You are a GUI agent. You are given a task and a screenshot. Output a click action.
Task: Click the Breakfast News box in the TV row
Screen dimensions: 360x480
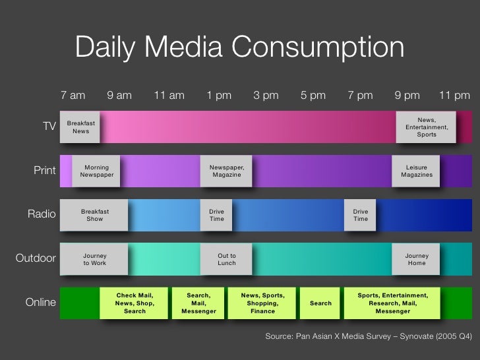click(80, 127)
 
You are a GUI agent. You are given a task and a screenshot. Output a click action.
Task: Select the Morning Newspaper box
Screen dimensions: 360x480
click(97, 171)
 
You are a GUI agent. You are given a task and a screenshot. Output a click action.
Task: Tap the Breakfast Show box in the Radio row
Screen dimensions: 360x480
click(94, 215)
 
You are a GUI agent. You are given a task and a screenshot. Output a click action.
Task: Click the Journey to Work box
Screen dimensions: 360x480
click(94, 259)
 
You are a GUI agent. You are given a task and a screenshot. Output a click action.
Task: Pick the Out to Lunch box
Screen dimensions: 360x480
click(226, 259)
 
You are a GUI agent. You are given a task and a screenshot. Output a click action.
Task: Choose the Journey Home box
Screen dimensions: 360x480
click(416, 259)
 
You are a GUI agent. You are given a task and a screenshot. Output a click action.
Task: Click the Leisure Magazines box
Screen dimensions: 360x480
click(416, 171)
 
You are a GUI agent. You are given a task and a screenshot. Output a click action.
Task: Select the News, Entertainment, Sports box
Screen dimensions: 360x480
click(427, 127)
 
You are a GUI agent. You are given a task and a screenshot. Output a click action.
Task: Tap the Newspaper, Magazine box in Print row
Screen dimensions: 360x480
click(226, 171)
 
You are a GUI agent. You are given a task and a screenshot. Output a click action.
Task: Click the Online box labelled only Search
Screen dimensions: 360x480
click(320, 303)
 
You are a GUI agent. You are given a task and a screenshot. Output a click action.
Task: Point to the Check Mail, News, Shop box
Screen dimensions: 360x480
click(135, 303)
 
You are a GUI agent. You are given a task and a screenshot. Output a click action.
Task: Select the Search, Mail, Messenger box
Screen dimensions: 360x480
click(198, 303)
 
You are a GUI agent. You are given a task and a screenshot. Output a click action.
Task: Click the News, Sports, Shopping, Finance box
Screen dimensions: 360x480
click(262, 303)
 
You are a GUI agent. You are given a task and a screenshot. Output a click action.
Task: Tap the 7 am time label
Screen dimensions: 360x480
click(73, 95)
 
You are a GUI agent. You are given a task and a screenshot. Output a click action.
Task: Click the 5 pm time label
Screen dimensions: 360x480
click(313, 95)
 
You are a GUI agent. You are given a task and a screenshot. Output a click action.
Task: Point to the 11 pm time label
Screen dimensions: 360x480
click(454, 95)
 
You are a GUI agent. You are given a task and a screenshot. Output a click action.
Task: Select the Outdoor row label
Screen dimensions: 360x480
click(36, 258)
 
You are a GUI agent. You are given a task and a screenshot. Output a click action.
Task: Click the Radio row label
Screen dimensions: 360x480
click(42, 214)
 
